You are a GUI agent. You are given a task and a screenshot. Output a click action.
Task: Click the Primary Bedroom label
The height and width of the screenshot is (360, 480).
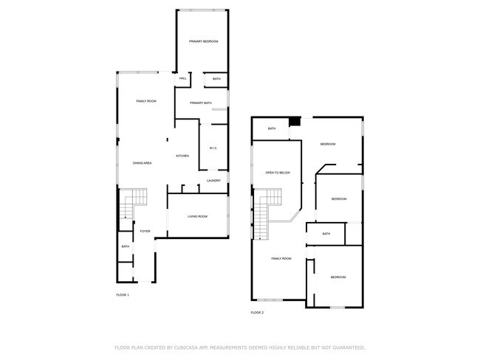point(203,42)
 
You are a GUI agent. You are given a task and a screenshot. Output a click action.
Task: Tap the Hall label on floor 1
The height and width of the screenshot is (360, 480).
point(182,78)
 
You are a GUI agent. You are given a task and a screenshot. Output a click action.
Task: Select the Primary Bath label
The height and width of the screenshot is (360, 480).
point(201,103)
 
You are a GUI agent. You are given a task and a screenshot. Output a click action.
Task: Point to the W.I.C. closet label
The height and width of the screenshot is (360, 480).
point(213,148)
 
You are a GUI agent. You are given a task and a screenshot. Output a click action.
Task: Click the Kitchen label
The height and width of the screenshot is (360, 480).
point(182,156)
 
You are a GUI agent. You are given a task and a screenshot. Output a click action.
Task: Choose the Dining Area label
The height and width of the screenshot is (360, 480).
point(143,162)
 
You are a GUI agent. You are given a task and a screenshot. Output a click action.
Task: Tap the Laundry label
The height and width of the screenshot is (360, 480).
point(214,181)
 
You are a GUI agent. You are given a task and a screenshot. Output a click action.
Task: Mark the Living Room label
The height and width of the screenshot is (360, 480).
point(197,216)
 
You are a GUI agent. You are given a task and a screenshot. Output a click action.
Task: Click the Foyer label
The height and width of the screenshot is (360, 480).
point(145,231)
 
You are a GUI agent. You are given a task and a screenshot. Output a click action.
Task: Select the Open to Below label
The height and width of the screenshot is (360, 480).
point(278,173)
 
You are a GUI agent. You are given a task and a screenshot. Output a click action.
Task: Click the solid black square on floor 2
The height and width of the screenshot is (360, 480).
point(295,122)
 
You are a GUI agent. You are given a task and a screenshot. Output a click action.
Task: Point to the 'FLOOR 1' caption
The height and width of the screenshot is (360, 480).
point(123,295)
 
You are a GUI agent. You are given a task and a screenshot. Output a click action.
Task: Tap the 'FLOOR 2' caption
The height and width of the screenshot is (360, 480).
point(257,313)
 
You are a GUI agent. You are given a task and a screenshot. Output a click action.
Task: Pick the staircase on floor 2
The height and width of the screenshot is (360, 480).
point(264,214)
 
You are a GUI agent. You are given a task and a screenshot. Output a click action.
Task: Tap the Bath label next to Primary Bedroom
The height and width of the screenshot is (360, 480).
point(216,78)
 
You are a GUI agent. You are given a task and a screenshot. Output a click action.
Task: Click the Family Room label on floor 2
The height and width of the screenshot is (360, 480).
point(281,258)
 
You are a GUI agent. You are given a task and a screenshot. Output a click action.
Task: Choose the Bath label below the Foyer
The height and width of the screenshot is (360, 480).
point(126,246)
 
